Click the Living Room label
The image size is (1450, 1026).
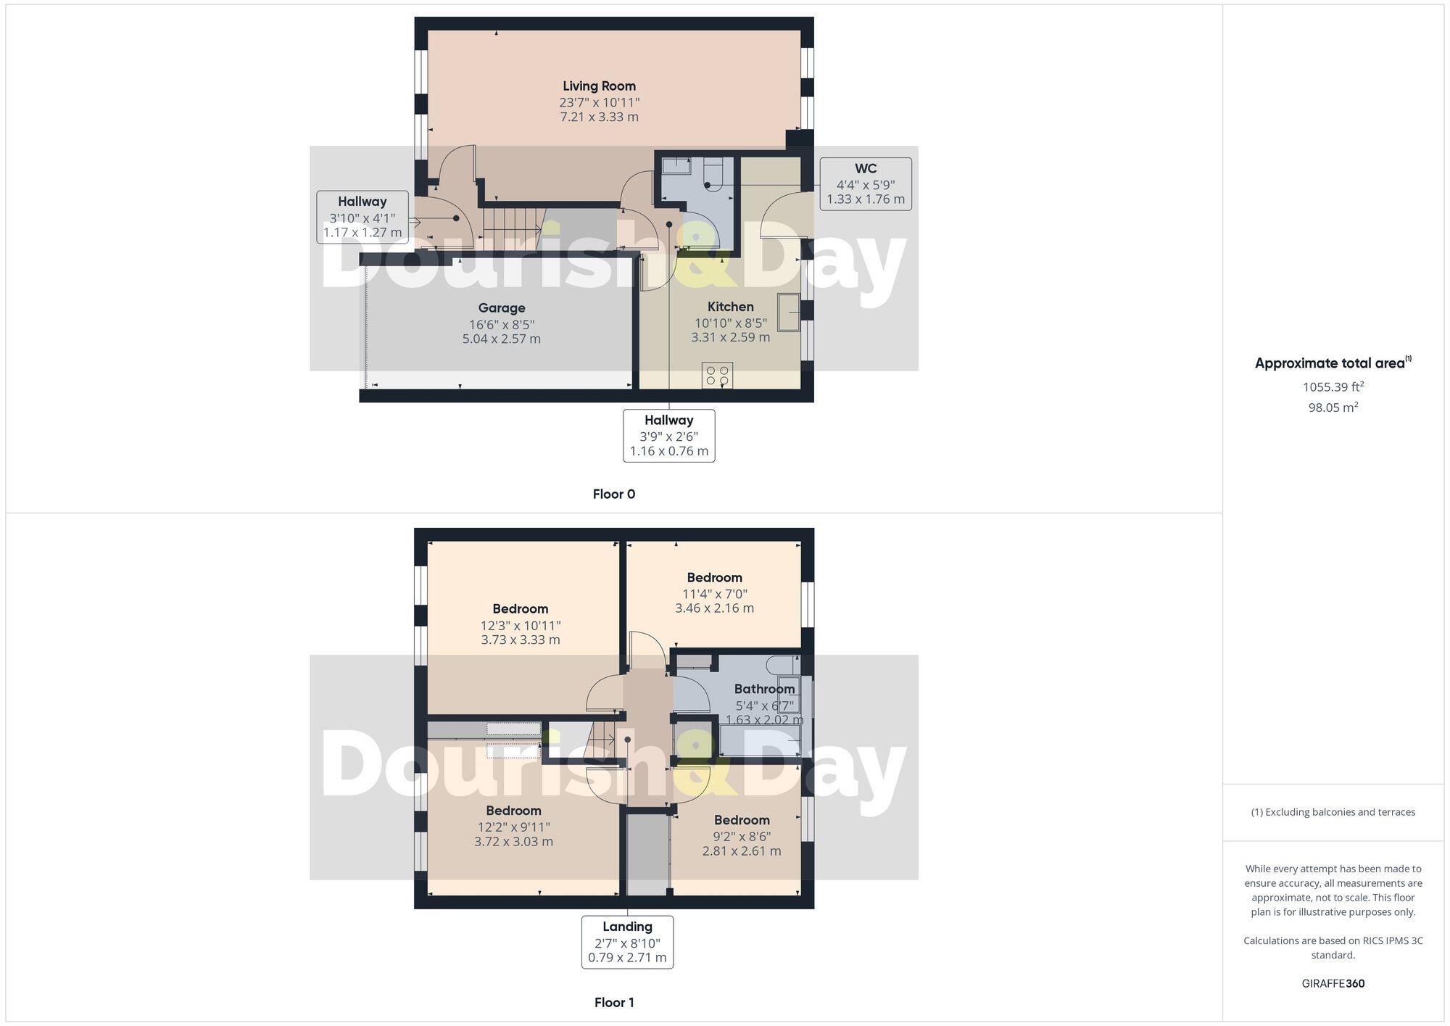click(599, 86)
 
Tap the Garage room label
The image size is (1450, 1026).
click(501, 308)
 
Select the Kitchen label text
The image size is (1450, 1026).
click(730, 307)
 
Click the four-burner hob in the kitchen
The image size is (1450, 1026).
click(717, 375)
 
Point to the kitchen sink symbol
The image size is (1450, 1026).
click(788, 312)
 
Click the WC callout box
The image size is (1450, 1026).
click(865, 184)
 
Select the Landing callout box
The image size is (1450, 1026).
click(627, 941)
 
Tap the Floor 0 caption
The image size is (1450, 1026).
click(613, 495)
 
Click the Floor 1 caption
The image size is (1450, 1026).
click(613, 1003)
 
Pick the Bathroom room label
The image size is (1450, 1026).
click(764, 689)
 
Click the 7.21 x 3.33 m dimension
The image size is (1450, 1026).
click(599, 117)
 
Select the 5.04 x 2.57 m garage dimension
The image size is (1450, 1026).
click(501, 339)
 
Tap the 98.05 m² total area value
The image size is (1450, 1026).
click(1333, 407)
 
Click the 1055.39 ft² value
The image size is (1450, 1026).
click(1333, 387)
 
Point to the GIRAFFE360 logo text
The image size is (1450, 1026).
click(1333, 984)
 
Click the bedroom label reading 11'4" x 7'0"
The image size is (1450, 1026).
click(714, 592)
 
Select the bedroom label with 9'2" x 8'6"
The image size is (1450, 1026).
click(741, 835)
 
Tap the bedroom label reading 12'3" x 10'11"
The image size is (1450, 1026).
click(520, 624)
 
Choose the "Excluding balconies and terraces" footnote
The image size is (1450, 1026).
click(1333, 812)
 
